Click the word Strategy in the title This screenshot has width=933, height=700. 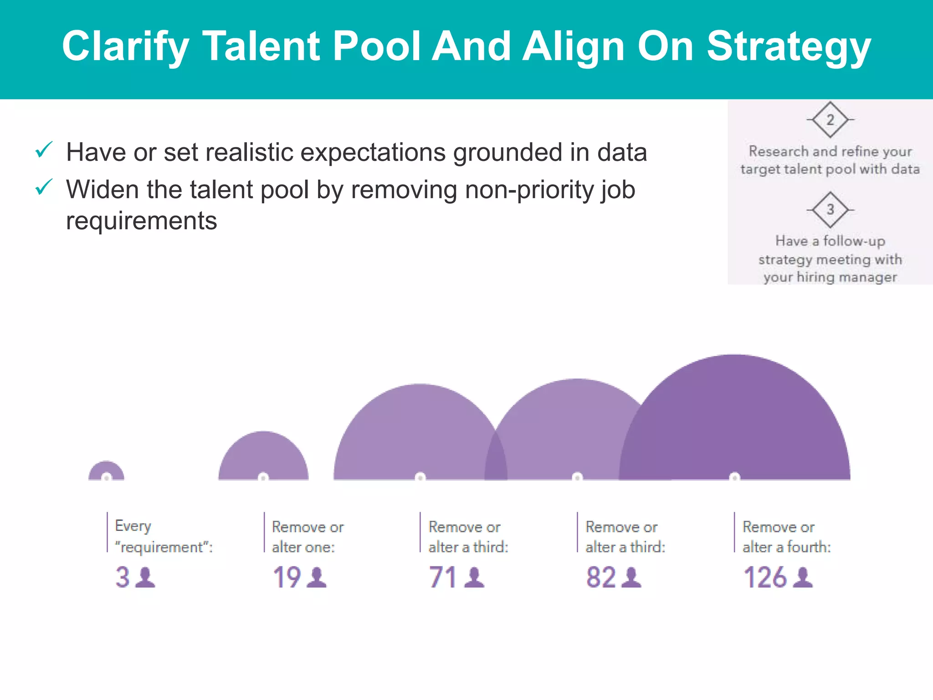coord(789,46)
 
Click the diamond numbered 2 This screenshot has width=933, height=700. coord(830,120)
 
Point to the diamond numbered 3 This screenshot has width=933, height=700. coord(830,210)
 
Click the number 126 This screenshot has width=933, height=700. coord(765,577)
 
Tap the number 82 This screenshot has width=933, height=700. coord(601,577)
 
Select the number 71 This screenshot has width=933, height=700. coord(443,577)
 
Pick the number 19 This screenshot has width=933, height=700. coord(287,577)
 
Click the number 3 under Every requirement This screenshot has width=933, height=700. coord(122,577)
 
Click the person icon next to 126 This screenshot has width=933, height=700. coord(803,577)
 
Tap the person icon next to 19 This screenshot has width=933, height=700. coord(317,577)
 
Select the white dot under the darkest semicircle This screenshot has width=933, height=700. coord(734,477)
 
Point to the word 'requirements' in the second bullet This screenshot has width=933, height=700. coord(141,221)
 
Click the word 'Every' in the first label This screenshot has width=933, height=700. coord(133,526)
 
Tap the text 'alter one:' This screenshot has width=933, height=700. coord(303,547)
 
